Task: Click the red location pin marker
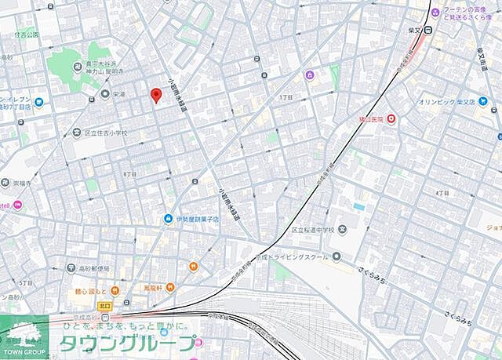click(x=155, y=96)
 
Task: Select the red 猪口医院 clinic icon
click(x=391, y=119)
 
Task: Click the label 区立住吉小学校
click(x=105, y=133)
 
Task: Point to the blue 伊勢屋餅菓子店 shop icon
click(x=168, y=219)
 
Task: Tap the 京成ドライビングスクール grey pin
click(x=336, y=256)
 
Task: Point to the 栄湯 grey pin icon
click(x=105, y=94)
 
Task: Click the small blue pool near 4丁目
click(x=358, y=206)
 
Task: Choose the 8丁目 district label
click(x=130, y=173)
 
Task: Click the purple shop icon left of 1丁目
click(x=309, y=75)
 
